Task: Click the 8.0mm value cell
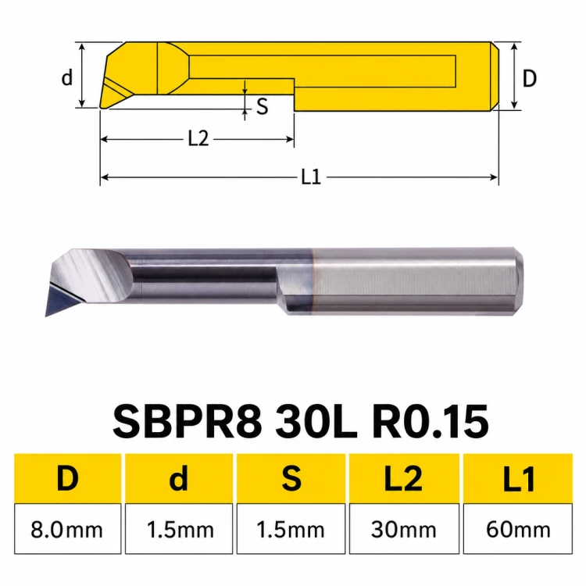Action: pyautogui.click(x=68, y=528)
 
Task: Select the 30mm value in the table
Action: pyautogui.click(x=404, y=528)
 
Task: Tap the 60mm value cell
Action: pyautogui.click(x=518, y=528)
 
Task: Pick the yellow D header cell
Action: pyautogui.click(x=68, y=478)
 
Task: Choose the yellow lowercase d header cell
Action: pyautogui.click(x=179, y=478)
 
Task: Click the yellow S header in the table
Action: pyautogui.click(x=291, y=478)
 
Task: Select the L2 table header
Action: pyautogui.click(x=404, y=478)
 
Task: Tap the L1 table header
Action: pyautogui.click(x=518, y=478)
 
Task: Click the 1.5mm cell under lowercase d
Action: pyautogui.click(x=179, y=528)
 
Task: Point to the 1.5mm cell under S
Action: pyautogui.click(x=291, y=528)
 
